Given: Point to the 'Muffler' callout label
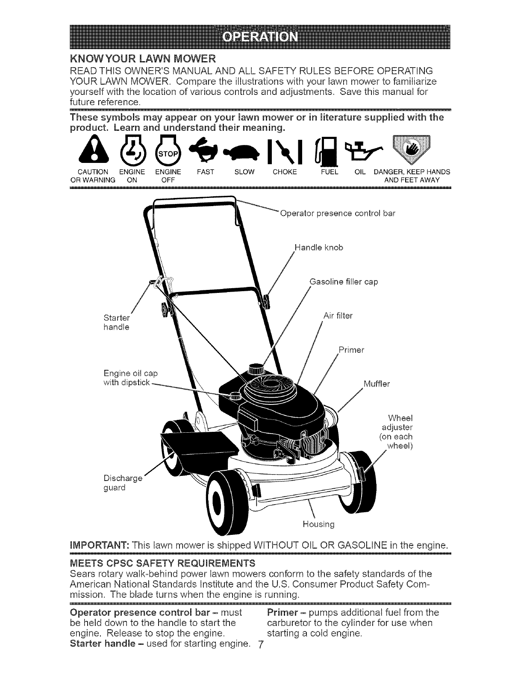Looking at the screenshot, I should [x=376, y=383].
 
